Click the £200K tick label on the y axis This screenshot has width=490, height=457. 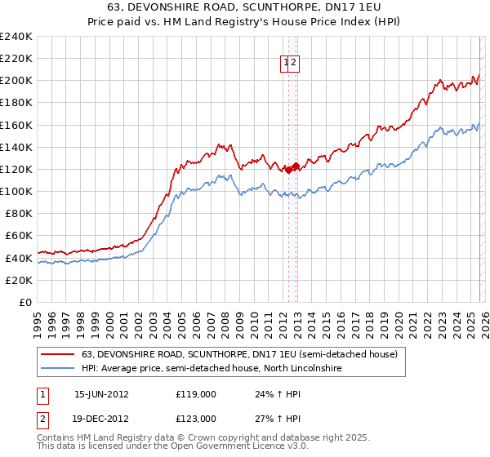tap(16, 81)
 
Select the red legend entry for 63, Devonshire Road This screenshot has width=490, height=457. tap(239, 355)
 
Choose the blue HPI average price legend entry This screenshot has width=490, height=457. tap(210, 369)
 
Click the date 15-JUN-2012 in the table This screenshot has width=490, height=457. tap(101, 394)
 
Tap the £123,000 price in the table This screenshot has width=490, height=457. tap(196, 418)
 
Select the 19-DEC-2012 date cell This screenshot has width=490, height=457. tap(101, 418)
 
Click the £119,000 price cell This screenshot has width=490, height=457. tap(196, 394)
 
